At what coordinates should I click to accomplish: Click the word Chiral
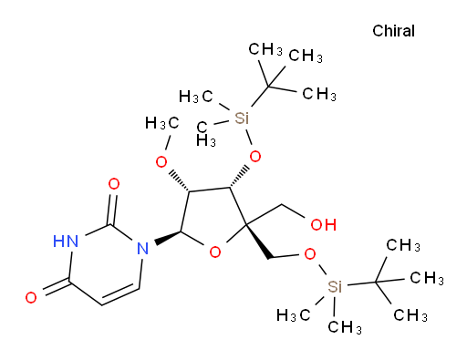tap(393, 31)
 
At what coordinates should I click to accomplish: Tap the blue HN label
tap(66, 242)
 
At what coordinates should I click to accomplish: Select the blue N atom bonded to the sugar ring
tap(142, 248)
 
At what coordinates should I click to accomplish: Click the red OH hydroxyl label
tap(324, 225)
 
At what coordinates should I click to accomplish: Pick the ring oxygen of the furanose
tap(215, 252)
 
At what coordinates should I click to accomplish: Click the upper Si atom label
tap(242, 118)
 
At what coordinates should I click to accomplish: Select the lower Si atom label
tap(335, 286)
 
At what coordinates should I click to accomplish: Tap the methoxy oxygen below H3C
tap(161, 162)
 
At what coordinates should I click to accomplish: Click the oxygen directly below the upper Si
tap(254, 157)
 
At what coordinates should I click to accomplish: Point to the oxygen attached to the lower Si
tap(310, 253)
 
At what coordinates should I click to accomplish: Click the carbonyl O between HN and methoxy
tap(114, 184)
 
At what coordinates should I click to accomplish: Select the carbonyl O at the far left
tap(31, 297)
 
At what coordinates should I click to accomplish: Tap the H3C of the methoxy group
tap(161, 124)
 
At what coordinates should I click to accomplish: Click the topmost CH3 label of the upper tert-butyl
tap(265, 49)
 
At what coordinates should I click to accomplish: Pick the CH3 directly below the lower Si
tap(345, 327)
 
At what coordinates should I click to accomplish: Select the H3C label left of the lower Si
tap(293, 315)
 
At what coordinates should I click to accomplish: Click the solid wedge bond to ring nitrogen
tap(168, 238)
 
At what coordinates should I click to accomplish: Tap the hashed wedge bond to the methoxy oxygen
tap(180, 181)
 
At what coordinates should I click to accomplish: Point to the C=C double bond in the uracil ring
tap(120, 294)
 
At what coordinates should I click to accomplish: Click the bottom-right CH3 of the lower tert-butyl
tap(410, 315)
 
